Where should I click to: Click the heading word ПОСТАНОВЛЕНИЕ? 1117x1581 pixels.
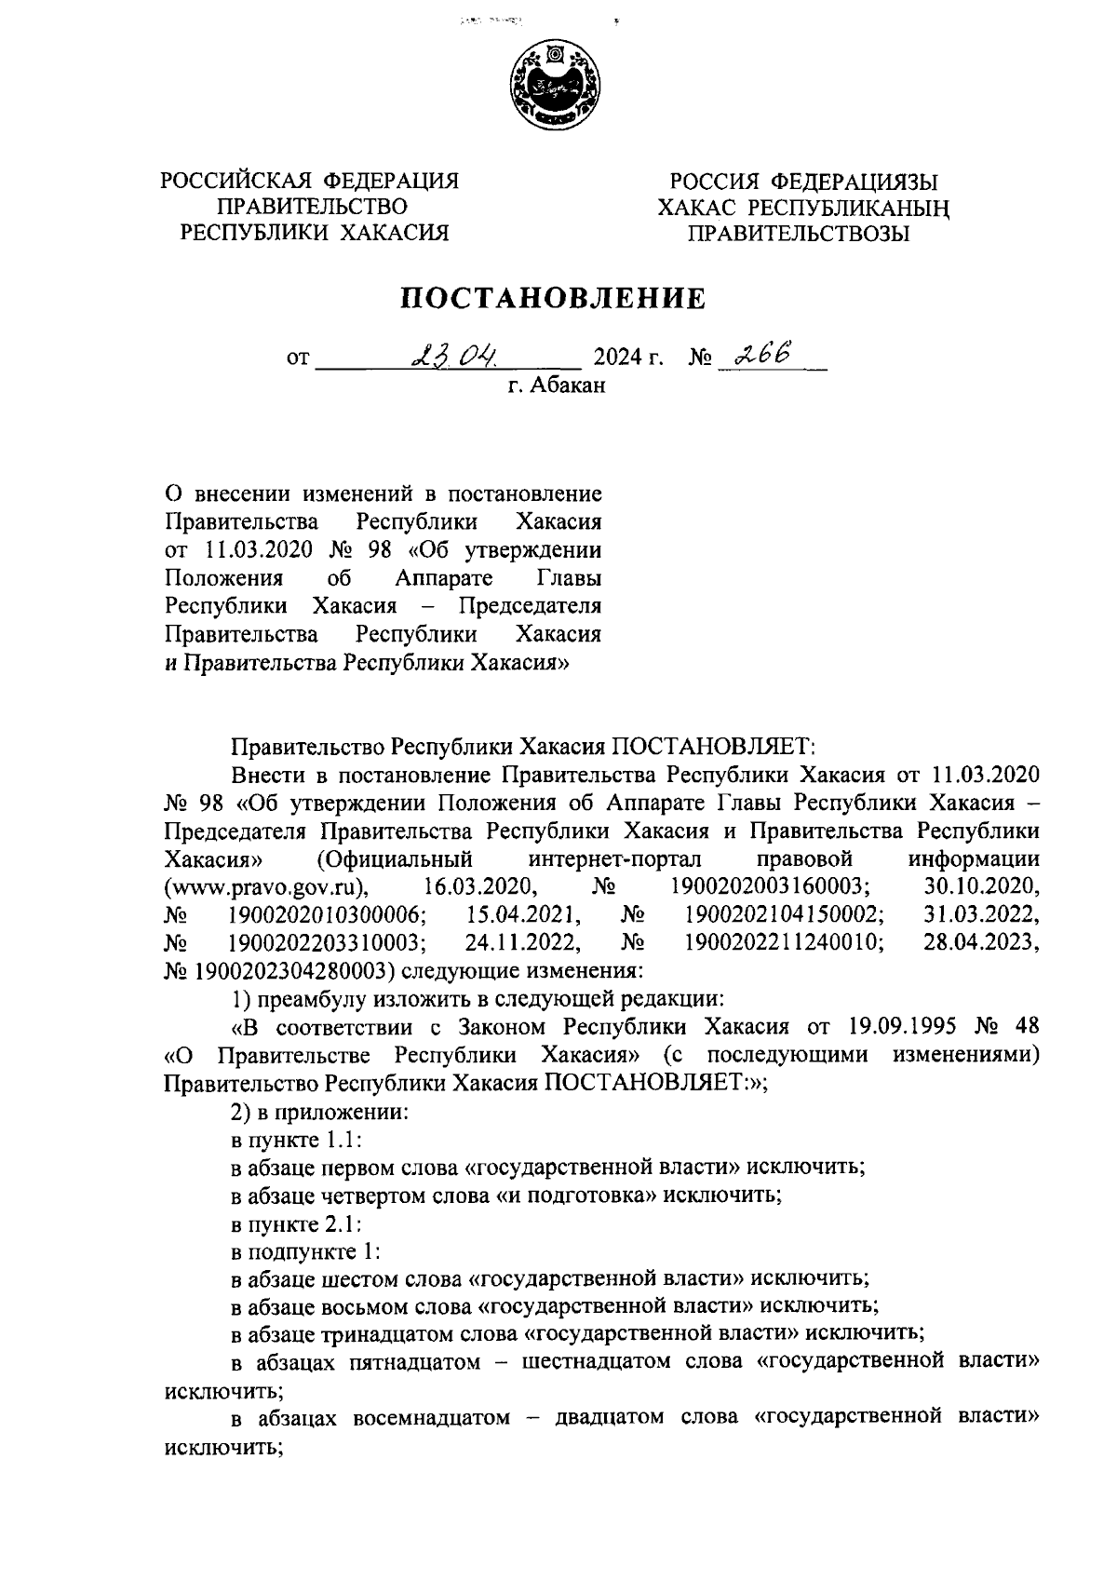click(x=554, y=298)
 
